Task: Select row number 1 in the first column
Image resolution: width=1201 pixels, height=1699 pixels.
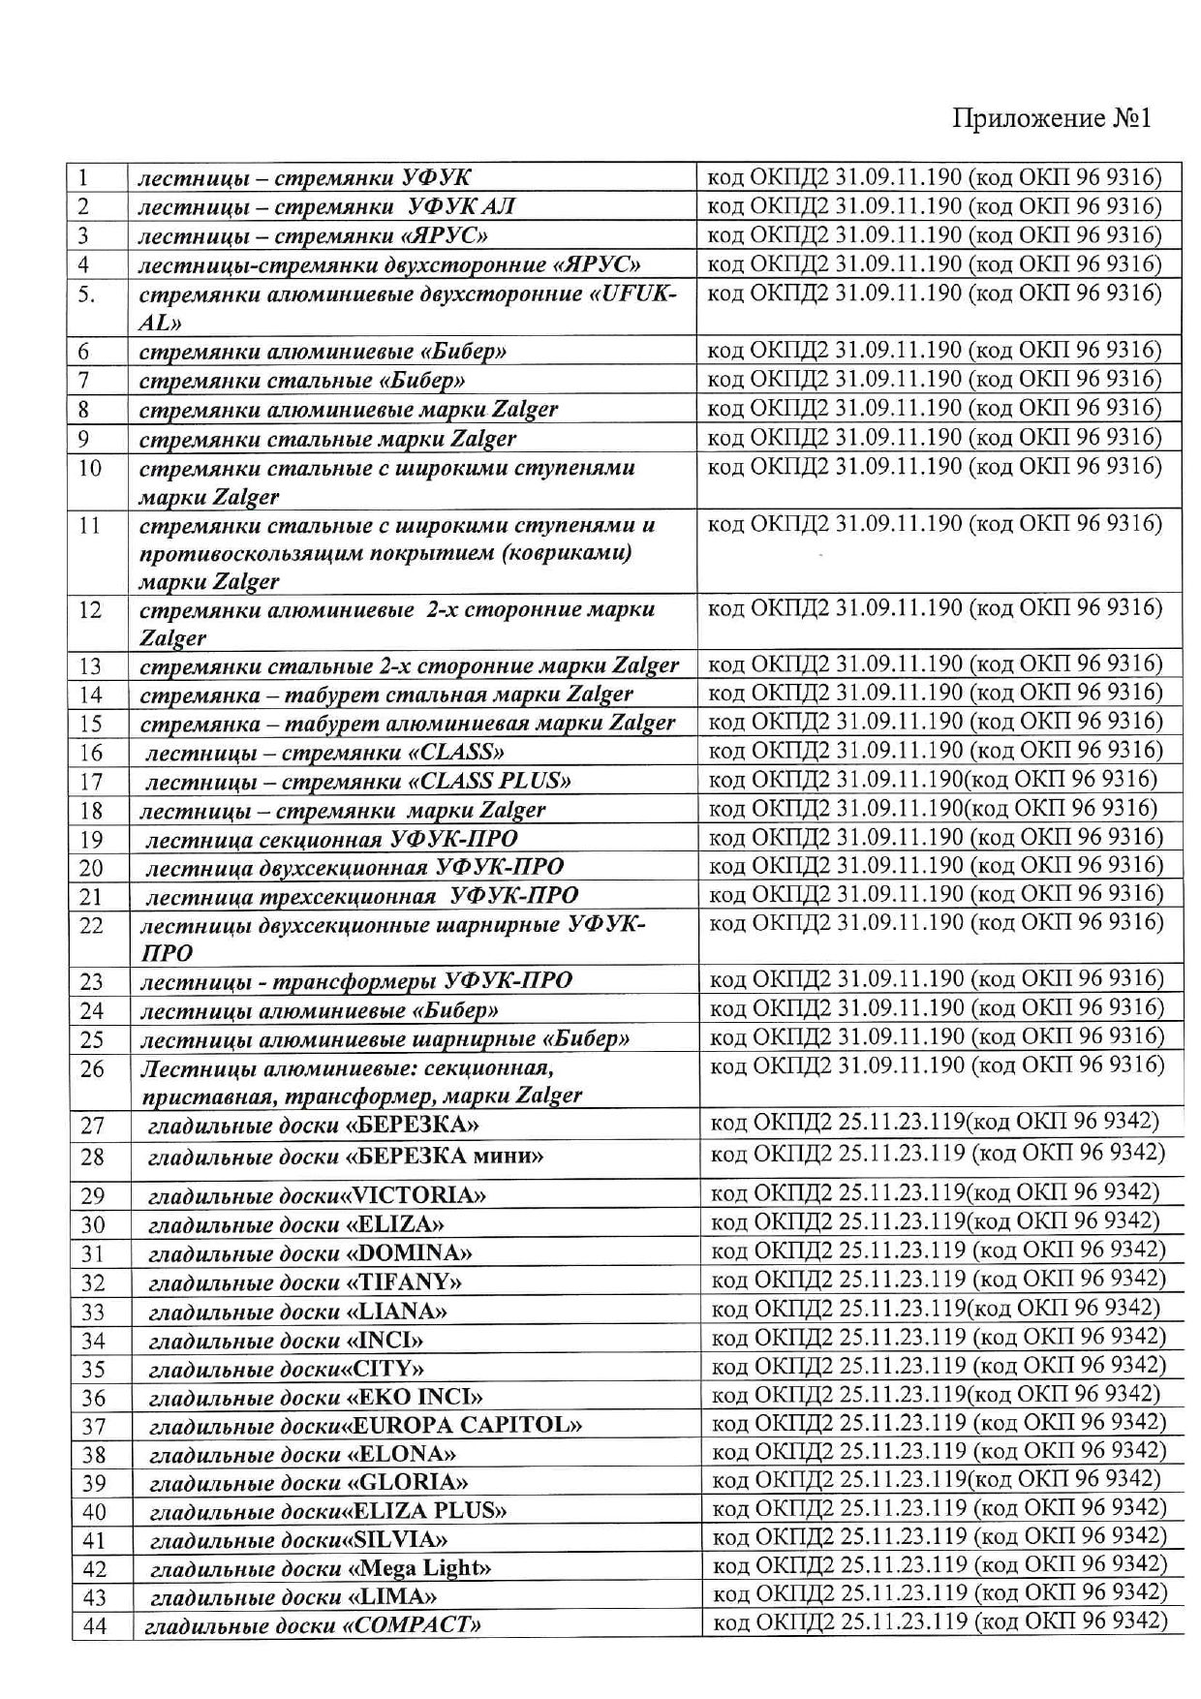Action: point(84,177)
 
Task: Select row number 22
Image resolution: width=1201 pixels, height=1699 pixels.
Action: point(91,925)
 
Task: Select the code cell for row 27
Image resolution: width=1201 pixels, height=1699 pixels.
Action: point(935,1122)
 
